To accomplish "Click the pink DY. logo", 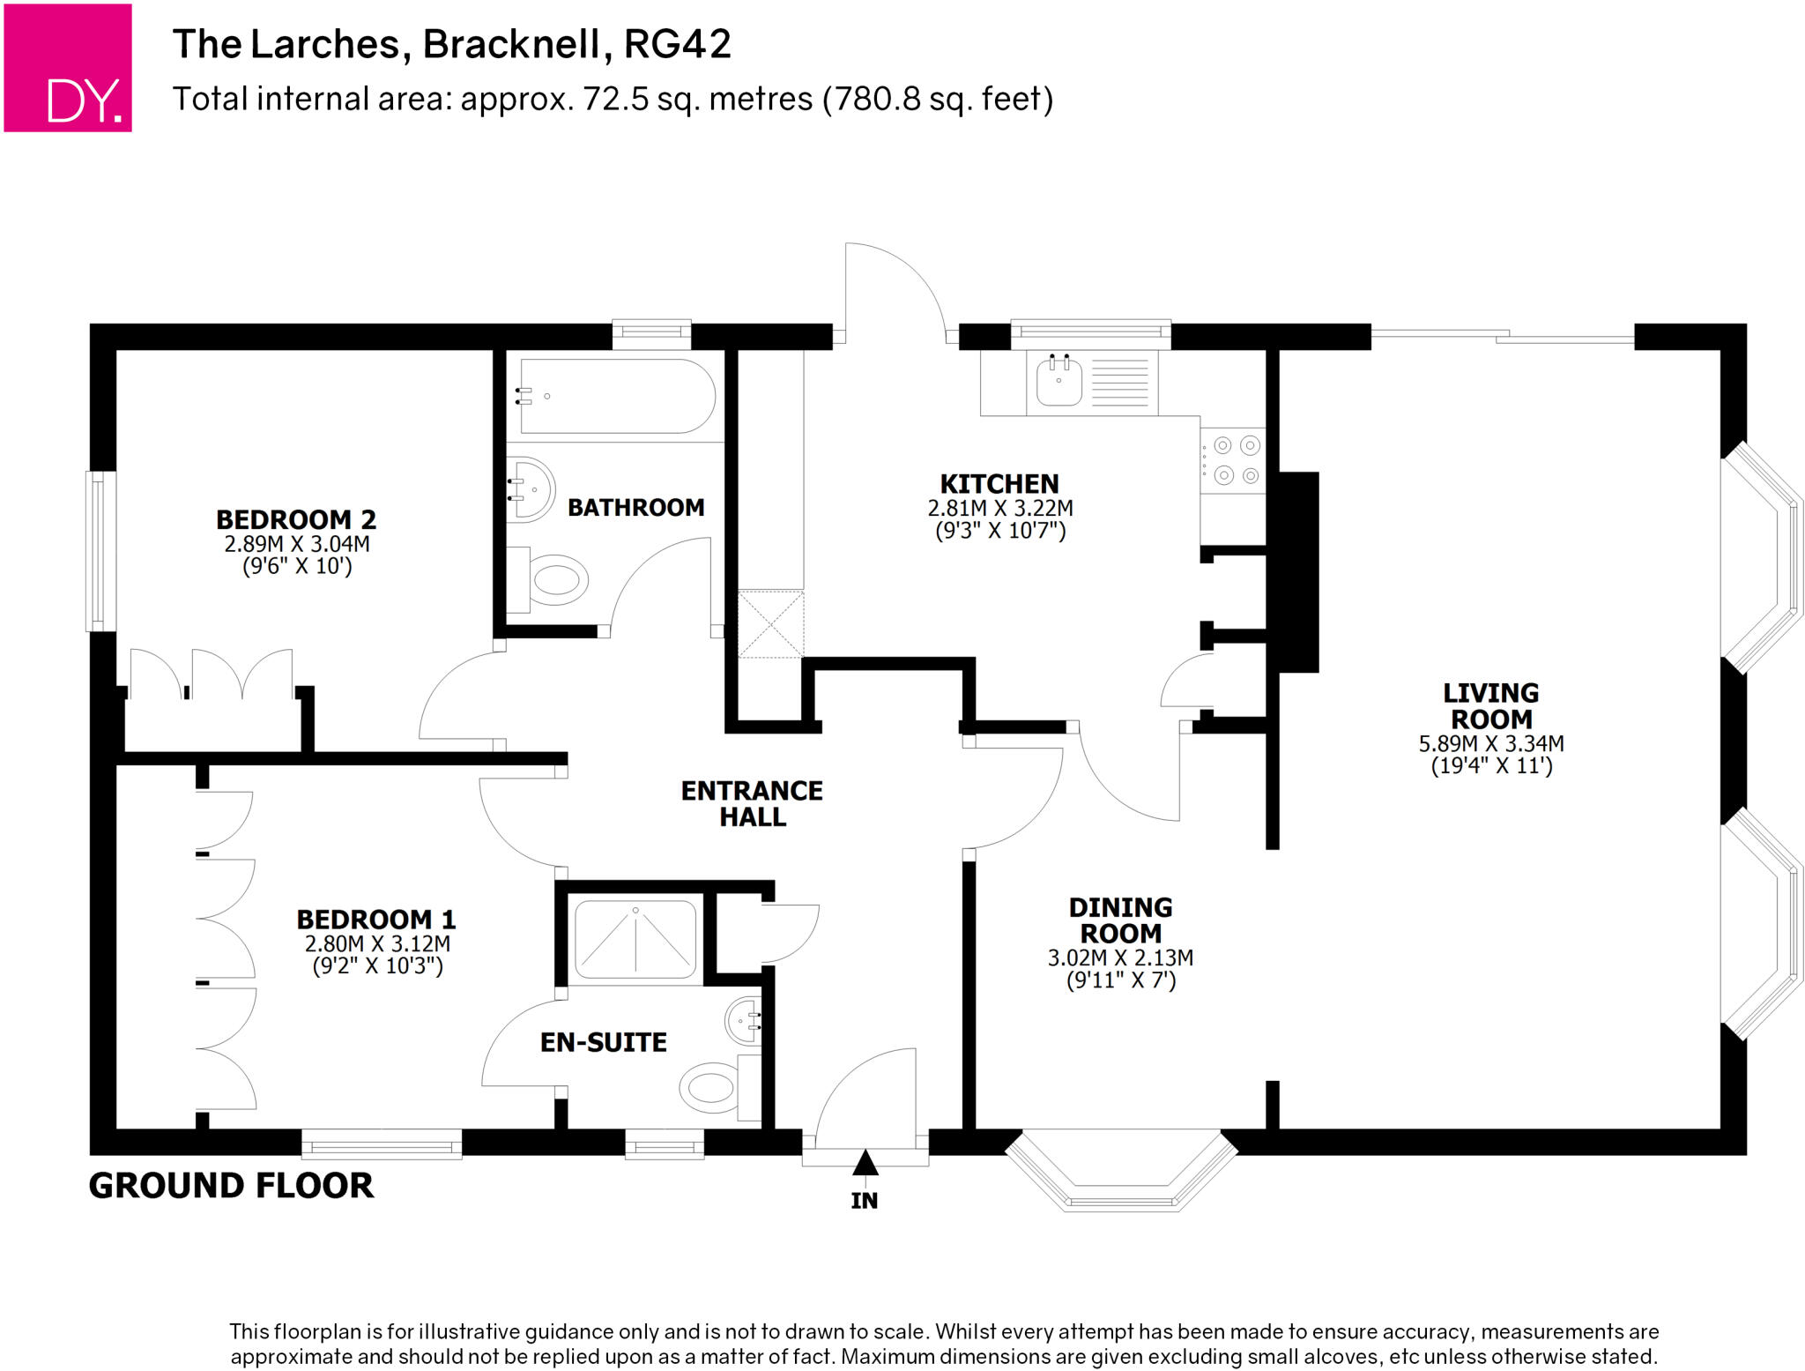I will pos(68,68).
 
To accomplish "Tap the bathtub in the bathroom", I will pos(617,396).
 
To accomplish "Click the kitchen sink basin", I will pos(1058,382).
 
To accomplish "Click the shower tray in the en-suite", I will pos(635,940).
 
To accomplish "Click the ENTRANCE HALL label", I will pos(752,803).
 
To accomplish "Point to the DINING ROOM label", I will pos(1120,920).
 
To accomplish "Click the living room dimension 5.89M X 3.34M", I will pos(1490,743).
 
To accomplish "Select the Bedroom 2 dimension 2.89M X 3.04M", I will pos(297,544).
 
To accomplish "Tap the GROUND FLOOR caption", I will pos(231,1185).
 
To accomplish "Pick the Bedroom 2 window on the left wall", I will pos(100,551).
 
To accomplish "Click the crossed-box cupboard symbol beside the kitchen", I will pos(770,624).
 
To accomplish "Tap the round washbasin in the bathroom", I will pos(531,489).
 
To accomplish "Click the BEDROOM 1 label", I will pos(376,919).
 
